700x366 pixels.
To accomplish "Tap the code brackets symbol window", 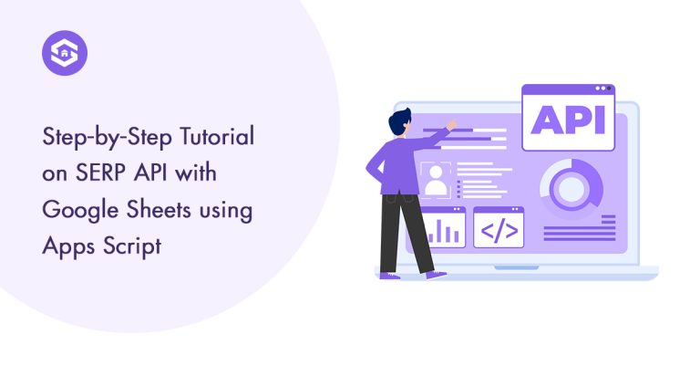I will coord(499,227).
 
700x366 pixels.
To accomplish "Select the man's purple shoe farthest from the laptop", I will coord(389,274).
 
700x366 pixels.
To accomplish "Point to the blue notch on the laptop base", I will coord(516,268).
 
